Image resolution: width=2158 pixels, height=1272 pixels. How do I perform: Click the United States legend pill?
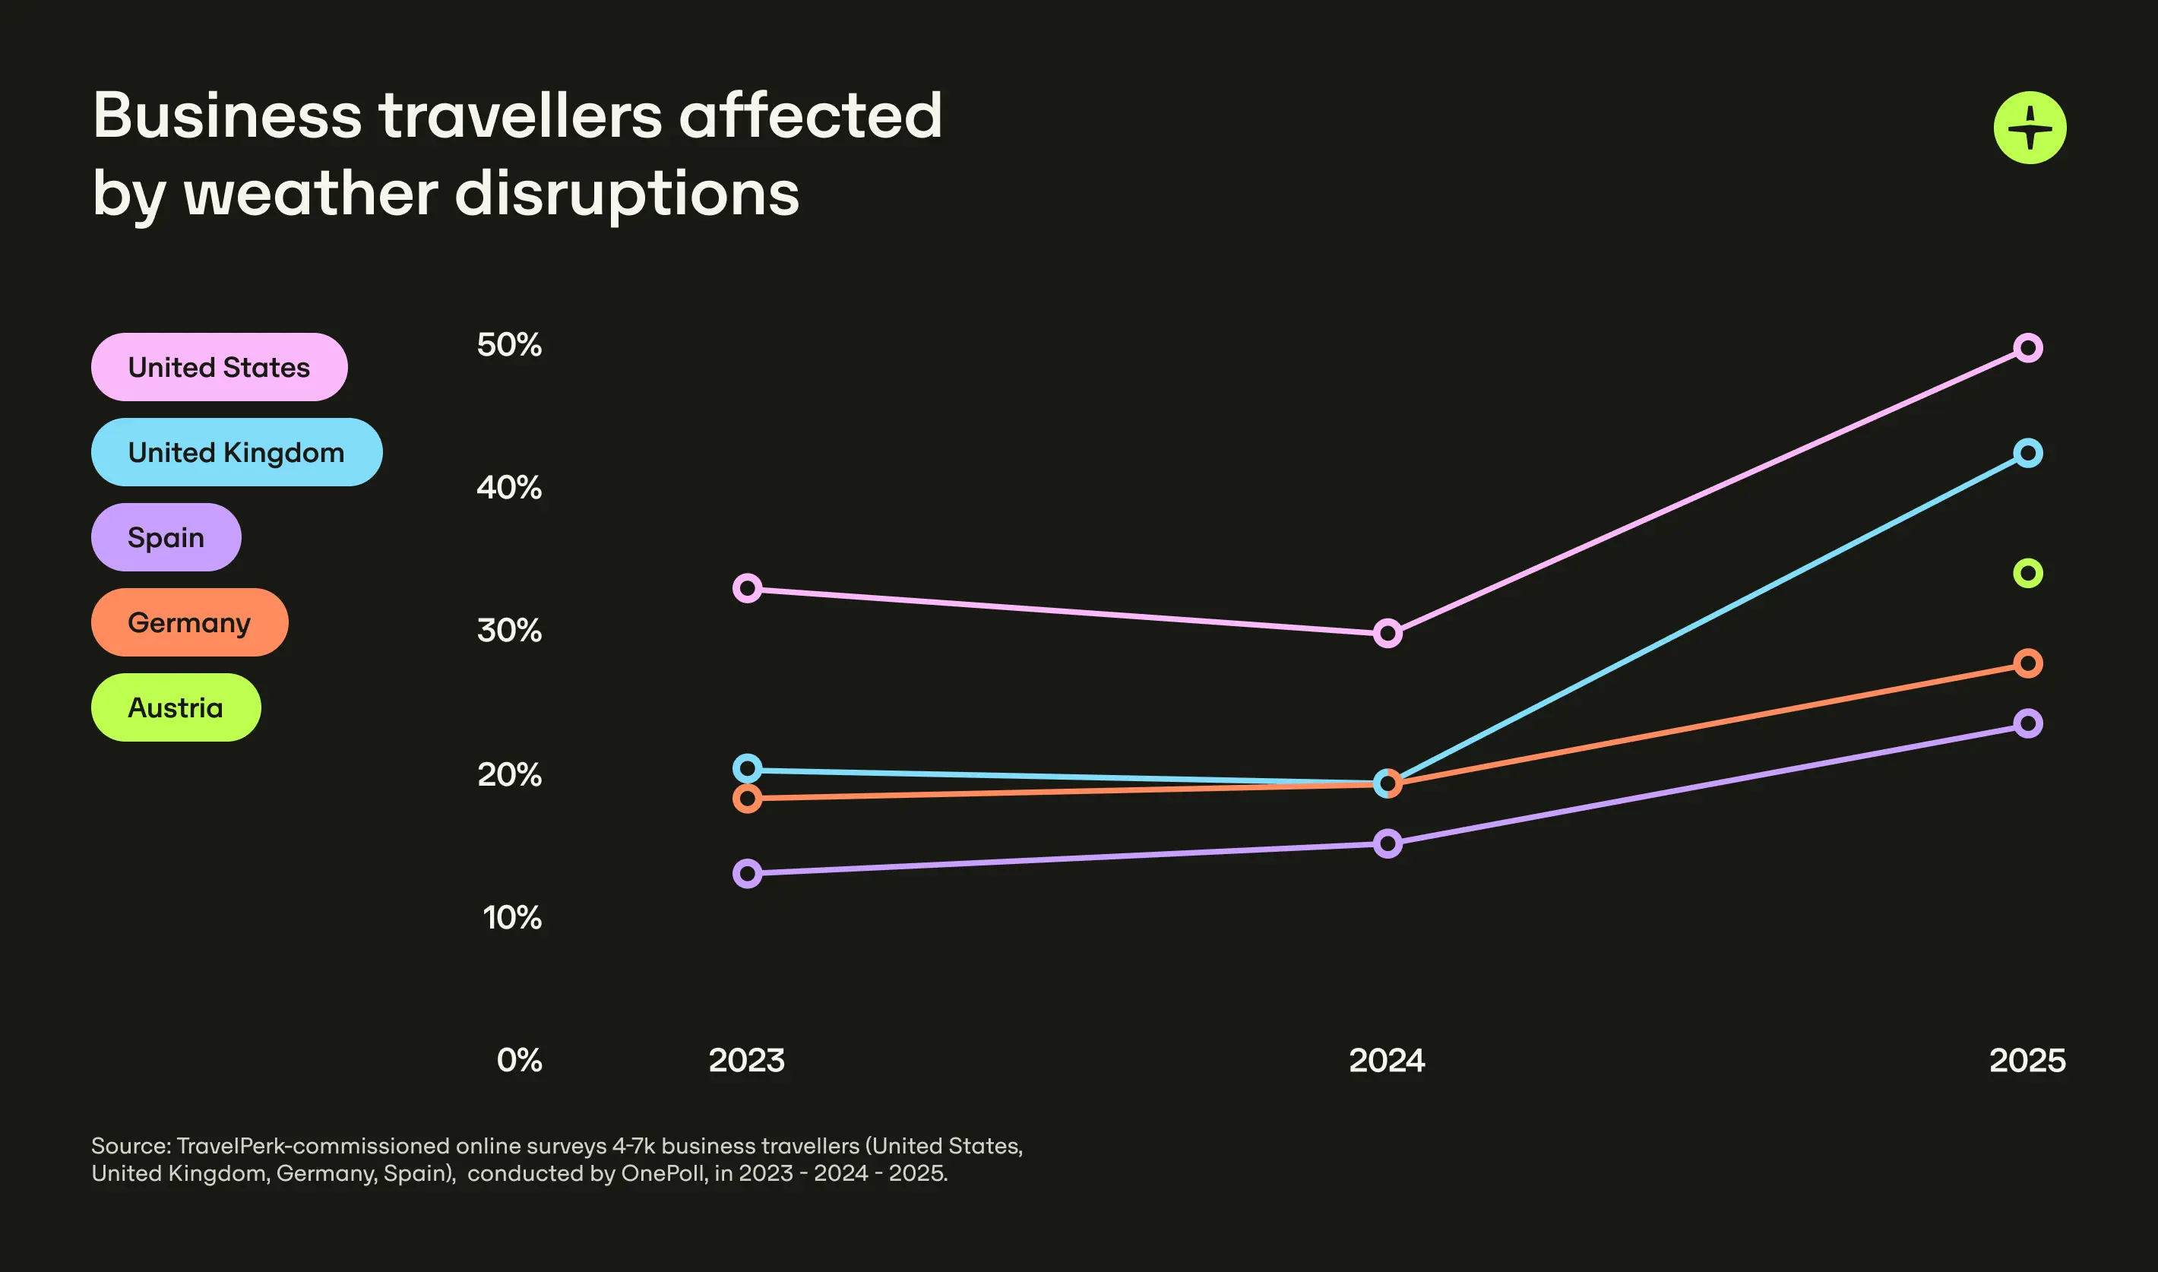click(x=220, y=367)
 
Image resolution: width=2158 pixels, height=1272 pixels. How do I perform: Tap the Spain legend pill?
click(x=166, y=537)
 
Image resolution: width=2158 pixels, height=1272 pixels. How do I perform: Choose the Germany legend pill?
click(x=189, y=622)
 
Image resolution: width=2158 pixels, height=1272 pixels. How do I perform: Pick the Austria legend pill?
click(x=176, y=707)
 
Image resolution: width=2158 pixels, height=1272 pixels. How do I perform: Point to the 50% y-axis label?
click(x=509, y=344)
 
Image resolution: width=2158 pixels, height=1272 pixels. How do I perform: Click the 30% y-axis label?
click(x=509, y=631)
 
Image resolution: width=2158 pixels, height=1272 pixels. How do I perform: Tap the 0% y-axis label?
click(x=519, y=1060)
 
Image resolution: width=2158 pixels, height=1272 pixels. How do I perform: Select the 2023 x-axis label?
click(x=746, y=1060)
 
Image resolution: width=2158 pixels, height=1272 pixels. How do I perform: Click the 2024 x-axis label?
click(x=1387, y=1060)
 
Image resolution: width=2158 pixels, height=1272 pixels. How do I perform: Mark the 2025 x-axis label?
click(x=2027, y=1060)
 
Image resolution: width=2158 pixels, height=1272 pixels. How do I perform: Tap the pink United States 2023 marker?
click(x=748, y=588)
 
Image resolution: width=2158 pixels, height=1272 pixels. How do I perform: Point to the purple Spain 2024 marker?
click(x=1388, y=843)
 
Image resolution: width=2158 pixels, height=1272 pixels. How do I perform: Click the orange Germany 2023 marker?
click(x=748, y=799)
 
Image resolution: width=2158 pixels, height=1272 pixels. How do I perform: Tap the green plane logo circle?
click(x=2030, y=128)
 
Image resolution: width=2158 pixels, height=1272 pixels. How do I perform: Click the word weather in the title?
click(x=311, y=194)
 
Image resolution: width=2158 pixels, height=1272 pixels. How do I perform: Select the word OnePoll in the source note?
click(x=664, y=1172)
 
